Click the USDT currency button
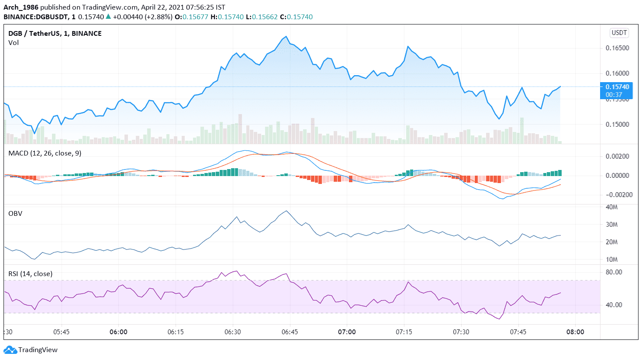click(x=619, y=33)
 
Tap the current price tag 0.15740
click(x=617, y=87)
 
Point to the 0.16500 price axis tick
click(x=617, y=48)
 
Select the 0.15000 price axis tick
click(x=617, y=125)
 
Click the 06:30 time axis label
click(x=232, y=332)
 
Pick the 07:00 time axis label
click(x=347, y=332)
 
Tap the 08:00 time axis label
click(x=575, y=332)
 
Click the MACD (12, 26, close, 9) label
click(x=45, y=153)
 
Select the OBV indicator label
click(x=15, y=214)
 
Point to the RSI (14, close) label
click(x=31, y=274)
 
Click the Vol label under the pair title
click(x=14, y=43)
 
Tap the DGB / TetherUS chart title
click(x=55, y=34)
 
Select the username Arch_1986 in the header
click(x=21, y=7)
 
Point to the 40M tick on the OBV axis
click(x=611, y=207)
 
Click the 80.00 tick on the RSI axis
click(x=614, y=272)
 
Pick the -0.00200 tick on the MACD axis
click(x=616, y=195)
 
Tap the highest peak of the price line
click(x=286, y=37)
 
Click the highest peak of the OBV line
click(x=286, y=211)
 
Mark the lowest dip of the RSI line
click(x=499, y=319)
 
